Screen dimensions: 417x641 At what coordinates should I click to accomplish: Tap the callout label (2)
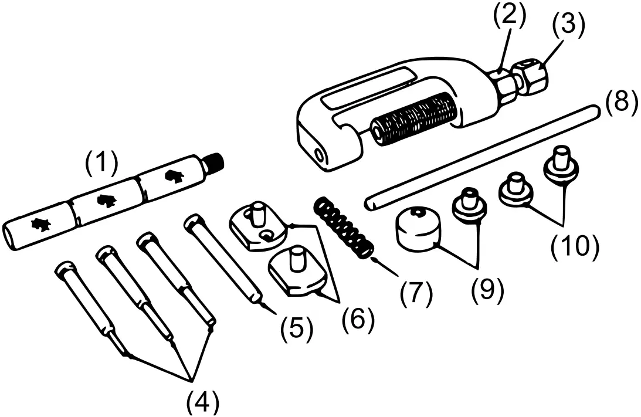508,16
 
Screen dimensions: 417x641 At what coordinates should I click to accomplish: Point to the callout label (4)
202,402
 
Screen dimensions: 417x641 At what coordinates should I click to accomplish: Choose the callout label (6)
358,318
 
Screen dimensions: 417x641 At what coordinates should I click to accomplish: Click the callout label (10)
574,246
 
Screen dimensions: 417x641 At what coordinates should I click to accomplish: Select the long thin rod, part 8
481,155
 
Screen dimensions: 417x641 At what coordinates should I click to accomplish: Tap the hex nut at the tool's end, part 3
530,76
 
